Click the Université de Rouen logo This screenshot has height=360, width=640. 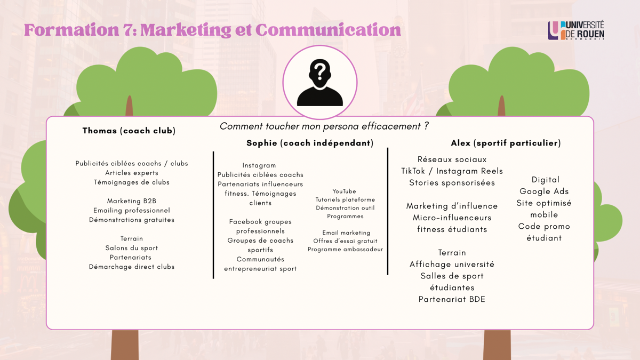(575, 30)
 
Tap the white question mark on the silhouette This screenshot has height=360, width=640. (321, 71)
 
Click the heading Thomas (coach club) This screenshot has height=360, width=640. (129, 131)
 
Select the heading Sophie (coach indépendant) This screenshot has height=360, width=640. (310, 143)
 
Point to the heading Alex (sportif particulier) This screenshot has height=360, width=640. (506, 143)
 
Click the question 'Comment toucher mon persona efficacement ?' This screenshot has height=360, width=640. (324, 126)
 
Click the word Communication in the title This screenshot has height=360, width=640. (328, 30)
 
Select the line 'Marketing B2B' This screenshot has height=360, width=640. (132, 201)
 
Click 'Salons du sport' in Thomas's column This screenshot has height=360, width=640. (131, 247)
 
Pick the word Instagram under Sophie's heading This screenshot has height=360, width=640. (259, 165)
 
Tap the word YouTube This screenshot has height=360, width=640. (344, 191)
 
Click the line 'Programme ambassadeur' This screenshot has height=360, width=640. (345, 249)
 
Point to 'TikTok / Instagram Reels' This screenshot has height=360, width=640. (452, 171)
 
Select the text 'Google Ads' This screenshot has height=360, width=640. (544, 191)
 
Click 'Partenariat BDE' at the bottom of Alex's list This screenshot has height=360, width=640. (452, 299)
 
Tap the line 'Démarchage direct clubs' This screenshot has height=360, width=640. (132, 267)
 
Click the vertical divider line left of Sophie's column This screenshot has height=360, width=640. (213, 215)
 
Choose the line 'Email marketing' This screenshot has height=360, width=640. (346, 233)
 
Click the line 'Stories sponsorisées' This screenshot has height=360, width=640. (452, 182)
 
